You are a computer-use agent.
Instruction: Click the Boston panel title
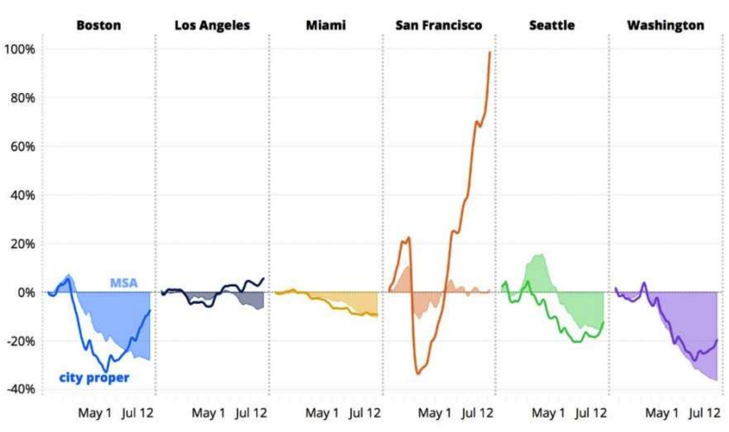(x=99, y=25)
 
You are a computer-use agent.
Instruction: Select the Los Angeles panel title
(x=212, y=25)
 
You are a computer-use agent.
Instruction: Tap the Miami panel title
(x=326, y=25)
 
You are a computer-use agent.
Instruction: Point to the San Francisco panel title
(x=439, y=25)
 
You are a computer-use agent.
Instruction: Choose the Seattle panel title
(x=552, y=25)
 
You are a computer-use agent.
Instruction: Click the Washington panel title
(x=666, y=25)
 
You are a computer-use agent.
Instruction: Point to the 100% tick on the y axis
(x=20, y=49)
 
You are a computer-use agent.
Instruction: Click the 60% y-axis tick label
(x=22, y=146)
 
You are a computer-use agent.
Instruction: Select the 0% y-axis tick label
(x=26, y=292)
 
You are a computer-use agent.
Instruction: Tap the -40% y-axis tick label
(x=21, y=389)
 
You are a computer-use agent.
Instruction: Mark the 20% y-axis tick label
(x=22, y=244)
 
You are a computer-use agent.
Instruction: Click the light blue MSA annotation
(x=123, y=283)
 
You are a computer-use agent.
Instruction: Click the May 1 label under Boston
(x=95, y=413)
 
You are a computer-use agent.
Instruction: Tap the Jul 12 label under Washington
(x=705, y=413)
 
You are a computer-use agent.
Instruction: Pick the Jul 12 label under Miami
(x=364, y=413)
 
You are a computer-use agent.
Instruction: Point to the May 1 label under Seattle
(x=548, y=413)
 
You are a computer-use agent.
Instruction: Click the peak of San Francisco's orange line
(x=490, y=52)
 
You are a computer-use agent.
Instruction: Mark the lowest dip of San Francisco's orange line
(x=418, y=374)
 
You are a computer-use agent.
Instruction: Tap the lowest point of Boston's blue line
(x=106, y=372)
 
